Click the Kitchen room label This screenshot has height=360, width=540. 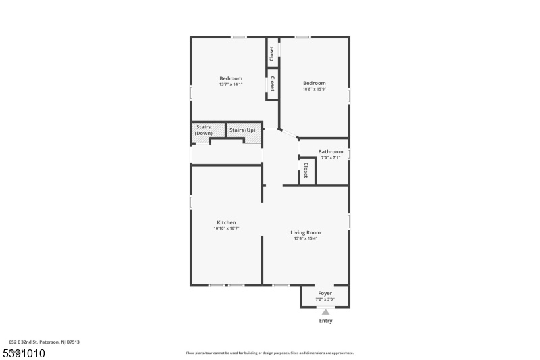[x=226, y=222]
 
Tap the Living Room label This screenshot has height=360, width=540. [x=306, y=232]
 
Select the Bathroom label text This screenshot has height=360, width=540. [x=331, y=151]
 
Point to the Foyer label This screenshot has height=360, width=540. [x=325, y=294]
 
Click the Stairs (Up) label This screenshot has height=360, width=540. [x=242, y=130]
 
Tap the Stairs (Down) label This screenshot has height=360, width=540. [x=204, y=130]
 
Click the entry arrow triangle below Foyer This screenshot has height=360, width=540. [x=325, y=312]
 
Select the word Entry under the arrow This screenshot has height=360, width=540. [x=325, y=321]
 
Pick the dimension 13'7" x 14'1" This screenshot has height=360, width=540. [x=231, y=84]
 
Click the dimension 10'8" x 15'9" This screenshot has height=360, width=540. [x=315, y=89]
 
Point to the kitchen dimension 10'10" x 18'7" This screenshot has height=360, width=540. [x=226, y=228]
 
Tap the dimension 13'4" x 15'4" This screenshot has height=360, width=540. [x=306, y=238]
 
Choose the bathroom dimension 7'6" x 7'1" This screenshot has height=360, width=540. [x=331, y=157]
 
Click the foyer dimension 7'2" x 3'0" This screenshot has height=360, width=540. [x=325, y=299]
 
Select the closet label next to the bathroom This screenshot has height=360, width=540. [x=306, y=170]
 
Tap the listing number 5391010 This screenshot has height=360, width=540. [x=24, y=353]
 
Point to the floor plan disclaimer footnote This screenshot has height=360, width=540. [x=269, y=353]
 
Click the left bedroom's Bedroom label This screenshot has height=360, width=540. [x=231, y=78]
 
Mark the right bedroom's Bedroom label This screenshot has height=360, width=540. [x=315, y=83]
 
